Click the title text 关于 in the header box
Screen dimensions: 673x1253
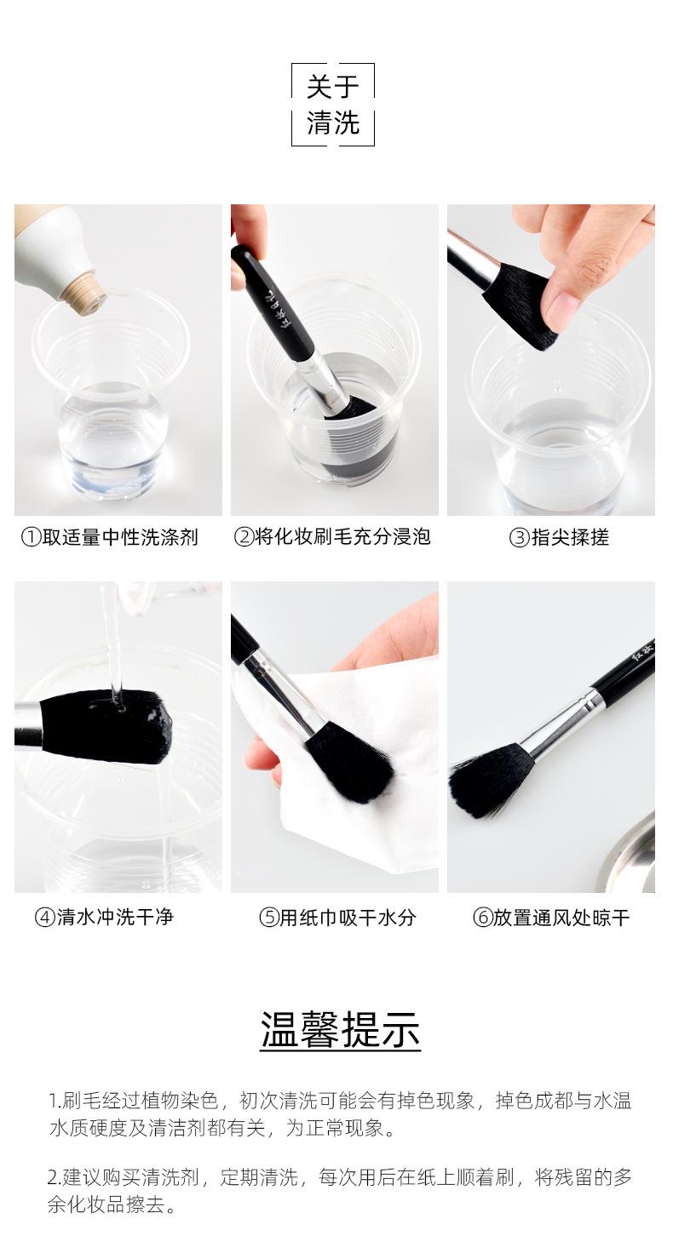[332, 88]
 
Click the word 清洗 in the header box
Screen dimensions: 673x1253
[332, 123]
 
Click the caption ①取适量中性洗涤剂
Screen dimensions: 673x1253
[110, 537]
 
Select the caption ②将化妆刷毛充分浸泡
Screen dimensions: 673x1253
[332, 536]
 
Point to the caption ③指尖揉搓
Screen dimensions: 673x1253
[559, 537]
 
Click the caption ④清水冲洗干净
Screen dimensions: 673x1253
[104, 917]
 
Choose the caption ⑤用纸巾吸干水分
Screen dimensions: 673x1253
[337, 918]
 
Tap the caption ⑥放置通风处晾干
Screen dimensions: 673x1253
[551, 918]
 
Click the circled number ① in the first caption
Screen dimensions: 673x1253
[31, 538]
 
